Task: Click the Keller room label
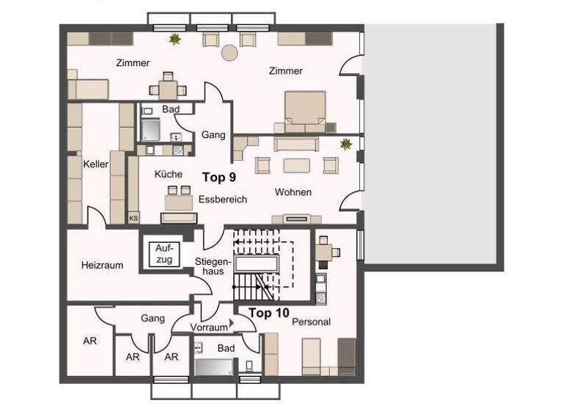point(95,164)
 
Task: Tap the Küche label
point(168,175)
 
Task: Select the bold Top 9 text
point(218,177)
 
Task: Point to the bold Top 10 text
point(269,313)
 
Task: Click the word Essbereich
point(222,199)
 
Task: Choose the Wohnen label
point(293,192)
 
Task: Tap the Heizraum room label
point(102,265)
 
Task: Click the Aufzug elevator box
point(163,254)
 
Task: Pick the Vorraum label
point(209,327)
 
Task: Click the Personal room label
point(312,321)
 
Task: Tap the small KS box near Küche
point(133,217)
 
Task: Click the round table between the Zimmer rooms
point(230,53)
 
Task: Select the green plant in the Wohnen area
point(345,145)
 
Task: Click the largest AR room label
point(89,341)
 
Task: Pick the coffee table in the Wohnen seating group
point(297,164)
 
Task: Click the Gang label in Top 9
point(213,134)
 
